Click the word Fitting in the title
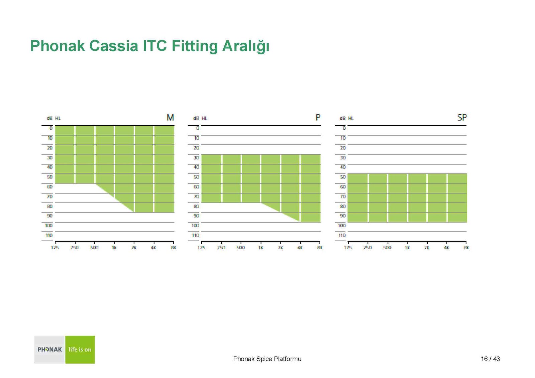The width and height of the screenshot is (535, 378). pos(194,46)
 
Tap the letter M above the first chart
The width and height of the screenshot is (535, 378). pos(170,118)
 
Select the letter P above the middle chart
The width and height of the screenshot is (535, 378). pos(318,118)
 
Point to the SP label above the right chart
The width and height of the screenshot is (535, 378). pos(462,118)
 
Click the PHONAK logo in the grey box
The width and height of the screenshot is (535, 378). pos(49,349)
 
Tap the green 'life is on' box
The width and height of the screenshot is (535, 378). pos(80,350)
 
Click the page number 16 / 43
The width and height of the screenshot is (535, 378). pos(490,359)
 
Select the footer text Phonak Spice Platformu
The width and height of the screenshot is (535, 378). pos(267,359)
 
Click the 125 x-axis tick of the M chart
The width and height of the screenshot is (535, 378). pos(55,248)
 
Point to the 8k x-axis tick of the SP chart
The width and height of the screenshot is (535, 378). pos(466,248)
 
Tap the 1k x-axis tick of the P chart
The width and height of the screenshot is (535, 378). pos(260,248)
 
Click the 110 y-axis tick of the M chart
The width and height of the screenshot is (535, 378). pos(49,235)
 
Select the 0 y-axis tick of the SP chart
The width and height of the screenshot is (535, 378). pos(344,128)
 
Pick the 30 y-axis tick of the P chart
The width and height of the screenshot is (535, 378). pos(196,158)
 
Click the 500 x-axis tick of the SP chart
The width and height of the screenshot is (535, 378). pos(387,248)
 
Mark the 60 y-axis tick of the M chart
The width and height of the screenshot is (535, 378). pos(50,187)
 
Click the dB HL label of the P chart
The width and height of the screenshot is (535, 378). pos(200,118)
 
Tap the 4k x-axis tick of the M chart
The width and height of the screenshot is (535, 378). pos(153,248)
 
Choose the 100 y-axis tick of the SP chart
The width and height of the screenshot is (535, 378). pos(342,226)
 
